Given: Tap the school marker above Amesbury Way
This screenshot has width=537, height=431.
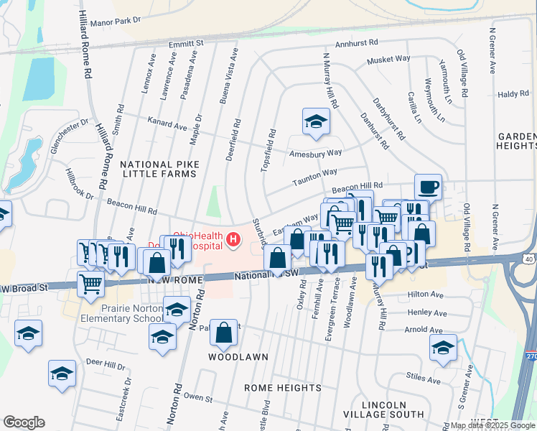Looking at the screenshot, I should pyautogui.click(x=314, y=123).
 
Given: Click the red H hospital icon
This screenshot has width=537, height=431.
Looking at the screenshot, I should pyautogui.click(x=233, y=239).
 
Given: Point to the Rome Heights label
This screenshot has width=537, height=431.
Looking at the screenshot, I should pyautogui.click(x=283, y=388).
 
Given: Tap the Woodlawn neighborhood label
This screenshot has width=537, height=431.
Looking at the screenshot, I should pyautogui.click(x=238, y=357).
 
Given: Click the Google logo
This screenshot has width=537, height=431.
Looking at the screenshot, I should pyautogui.click(x=24, y=422).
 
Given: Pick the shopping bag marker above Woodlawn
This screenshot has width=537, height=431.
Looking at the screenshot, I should pyautogui.click(x=224, y=332).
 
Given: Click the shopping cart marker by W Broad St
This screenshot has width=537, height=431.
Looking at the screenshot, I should pyautogui.click(x=90, y=283).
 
